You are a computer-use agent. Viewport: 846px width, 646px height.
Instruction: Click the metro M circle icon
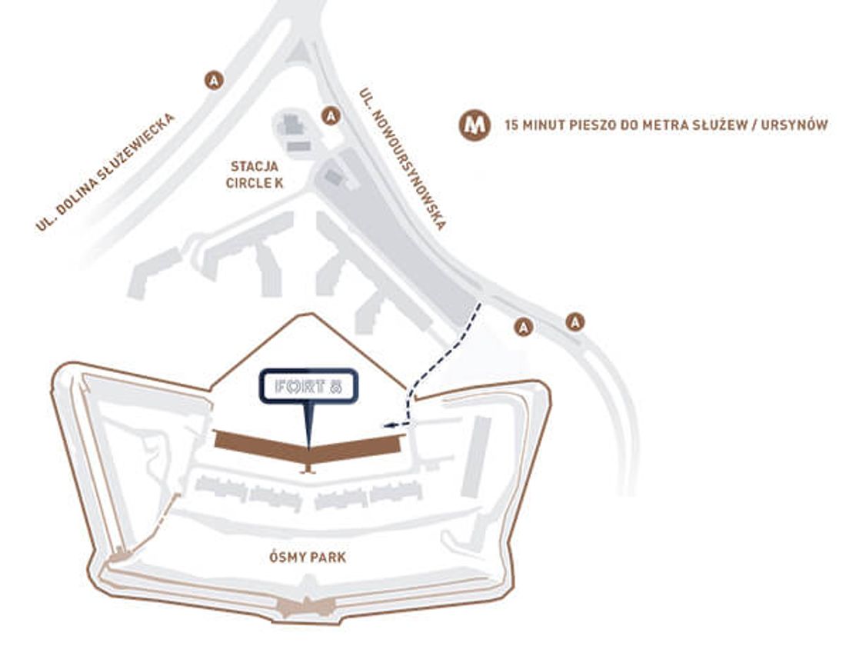(475, 125)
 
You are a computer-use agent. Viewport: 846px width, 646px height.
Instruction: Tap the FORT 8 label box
(308, 388)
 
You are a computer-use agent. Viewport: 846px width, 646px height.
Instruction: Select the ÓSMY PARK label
(308, 557)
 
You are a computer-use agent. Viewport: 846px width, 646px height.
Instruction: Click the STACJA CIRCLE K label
(253, 175)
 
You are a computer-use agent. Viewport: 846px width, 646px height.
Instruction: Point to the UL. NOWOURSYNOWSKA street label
(402, 158)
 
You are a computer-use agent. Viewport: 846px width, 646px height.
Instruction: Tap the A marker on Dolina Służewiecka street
(213, 79)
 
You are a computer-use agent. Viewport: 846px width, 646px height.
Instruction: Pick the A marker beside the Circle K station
(331, 115)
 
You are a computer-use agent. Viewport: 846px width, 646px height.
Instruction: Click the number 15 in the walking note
(511, 125)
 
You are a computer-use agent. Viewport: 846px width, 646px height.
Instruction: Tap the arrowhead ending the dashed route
(385, 424)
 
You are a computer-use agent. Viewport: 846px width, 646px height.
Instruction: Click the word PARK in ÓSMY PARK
(328, 557)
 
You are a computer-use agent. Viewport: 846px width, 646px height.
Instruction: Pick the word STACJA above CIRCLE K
(253, 166)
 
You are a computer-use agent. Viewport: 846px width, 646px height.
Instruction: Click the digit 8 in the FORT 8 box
(335, 388)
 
